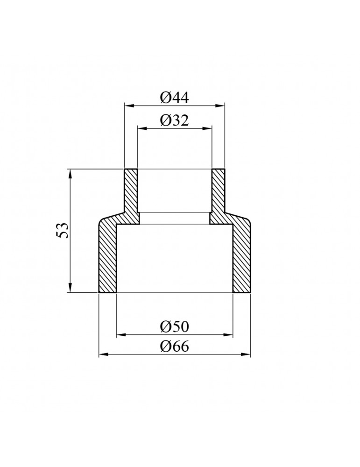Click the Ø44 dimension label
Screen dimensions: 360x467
point(175,98)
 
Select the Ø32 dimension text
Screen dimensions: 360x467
point(175,120)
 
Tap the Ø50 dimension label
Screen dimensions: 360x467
point(175,327)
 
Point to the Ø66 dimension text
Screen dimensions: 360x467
point(175,347)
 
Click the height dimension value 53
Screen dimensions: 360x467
point(63,230)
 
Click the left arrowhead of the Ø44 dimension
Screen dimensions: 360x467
point(128,105)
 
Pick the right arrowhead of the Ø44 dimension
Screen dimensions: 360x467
point(220,105)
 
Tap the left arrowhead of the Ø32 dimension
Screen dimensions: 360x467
point(141,128)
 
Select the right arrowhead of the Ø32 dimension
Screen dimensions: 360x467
point(207,128)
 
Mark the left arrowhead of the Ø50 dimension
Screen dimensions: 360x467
point(120,335)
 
